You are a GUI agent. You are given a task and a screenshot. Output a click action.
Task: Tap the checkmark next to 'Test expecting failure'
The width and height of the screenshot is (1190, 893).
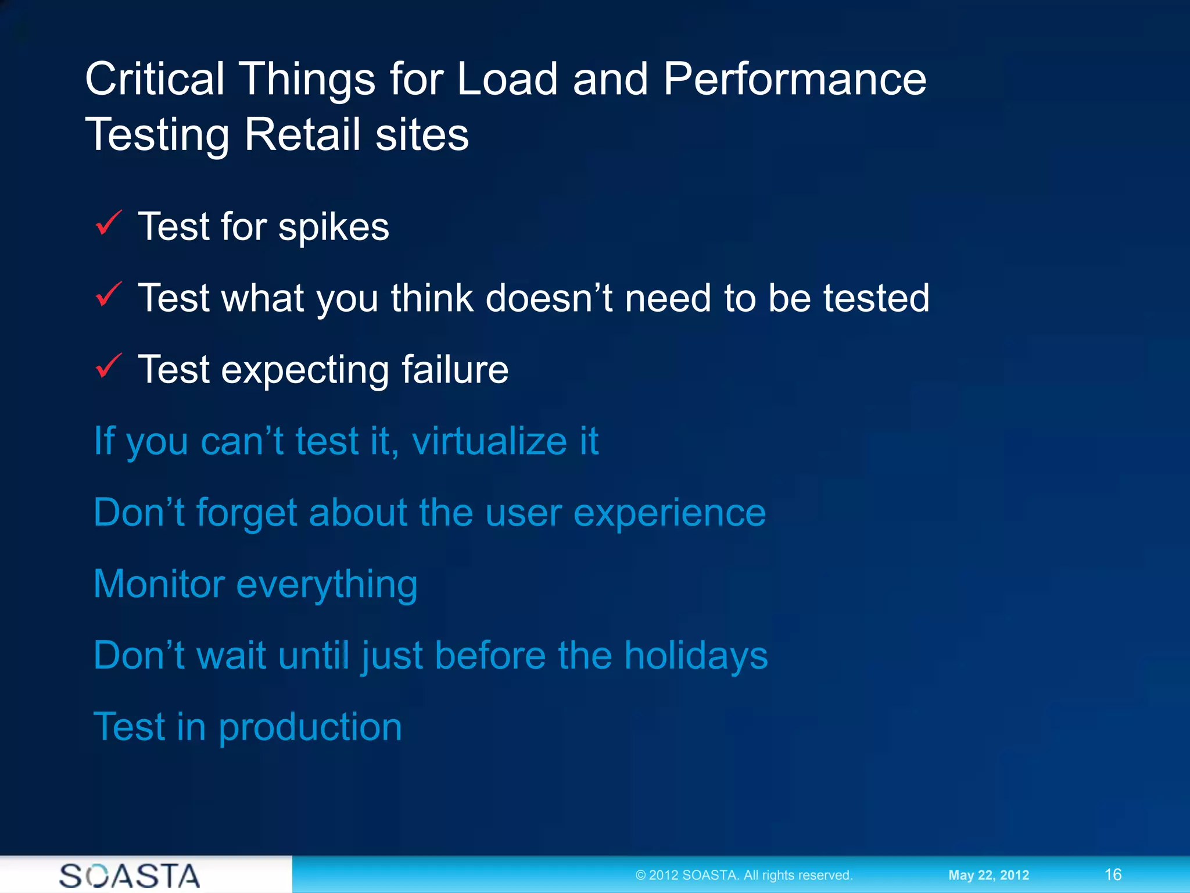click(x=108, y=366)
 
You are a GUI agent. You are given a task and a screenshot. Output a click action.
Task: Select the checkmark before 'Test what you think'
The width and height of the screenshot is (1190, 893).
click(x=108, y=295)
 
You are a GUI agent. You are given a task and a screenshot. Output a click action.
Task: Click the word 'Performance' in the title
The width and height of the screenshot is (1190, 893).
click(x=794, y=80)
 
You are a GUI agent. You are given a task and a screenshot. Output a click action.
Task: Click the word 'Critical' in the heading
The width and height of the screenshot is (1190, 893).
click(x=155, y=80)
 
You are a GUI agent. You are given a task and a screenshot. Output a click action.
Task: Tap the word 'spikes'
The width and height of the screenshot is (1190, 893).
click(x=334, y=228)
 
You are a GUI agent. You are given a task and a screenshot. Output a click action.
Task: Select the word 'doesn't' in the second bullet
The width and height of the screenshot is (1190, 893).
click(x=549, y=298)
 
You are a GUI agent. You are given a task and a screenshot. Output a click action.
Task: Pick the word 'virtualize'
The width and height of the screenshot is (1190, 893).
click(x=489, y=441)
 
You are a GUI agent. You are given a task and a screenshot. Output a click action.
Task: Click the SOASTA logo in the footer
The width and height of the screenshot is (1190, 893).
click(x=130, y=876)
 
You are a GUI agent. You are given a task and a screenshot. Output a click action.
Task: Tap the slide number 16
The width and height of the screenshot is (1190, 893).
click(x=1113, y=875)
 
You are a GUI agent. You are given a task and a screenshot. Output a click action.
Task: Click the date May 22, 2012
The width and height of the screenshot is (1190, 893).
click(x=988, y=875)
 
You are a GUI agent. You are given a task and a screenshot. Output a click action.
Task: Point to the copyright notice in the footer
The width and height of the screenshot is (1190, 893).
click(x=743, y=875)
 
